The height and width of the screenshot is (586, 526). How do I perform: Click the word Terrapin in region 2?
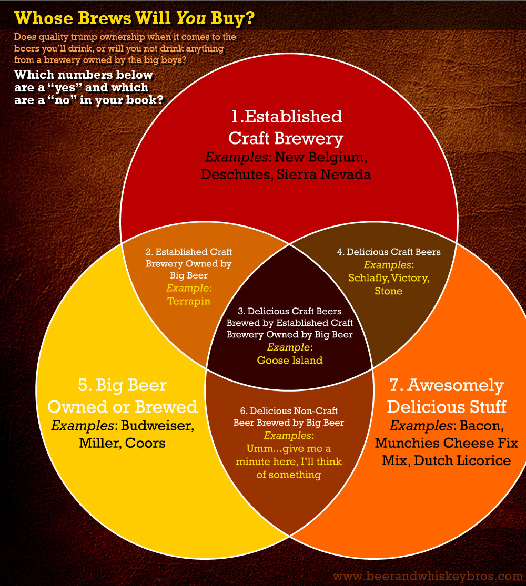[189, 301]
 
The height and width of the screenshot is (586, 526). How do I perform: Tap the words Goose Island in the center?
[289, 360]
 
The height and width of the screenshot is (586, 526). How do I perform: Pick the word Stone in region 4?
[389, 291]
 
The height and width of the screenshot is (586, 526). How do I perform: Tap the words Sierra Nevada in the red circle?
[322, 174]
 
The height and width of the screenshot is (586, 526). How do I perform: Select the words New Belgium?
[319, 157]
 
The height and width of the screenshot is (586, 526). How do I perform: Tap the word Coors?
[145, 443]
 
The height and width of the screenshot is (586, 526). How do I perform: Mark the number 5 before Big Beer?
[84, 386]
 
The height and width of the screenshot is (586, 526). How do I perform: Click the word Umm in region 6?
[257, 448]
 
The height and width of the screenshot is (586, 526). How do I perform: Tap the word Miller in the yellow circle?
[99, 443]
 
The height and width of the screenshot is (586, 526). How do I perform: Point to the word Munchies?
[410, 443]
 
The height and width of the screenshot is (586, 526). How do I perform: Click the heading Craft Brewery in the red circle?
[285, 138]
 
